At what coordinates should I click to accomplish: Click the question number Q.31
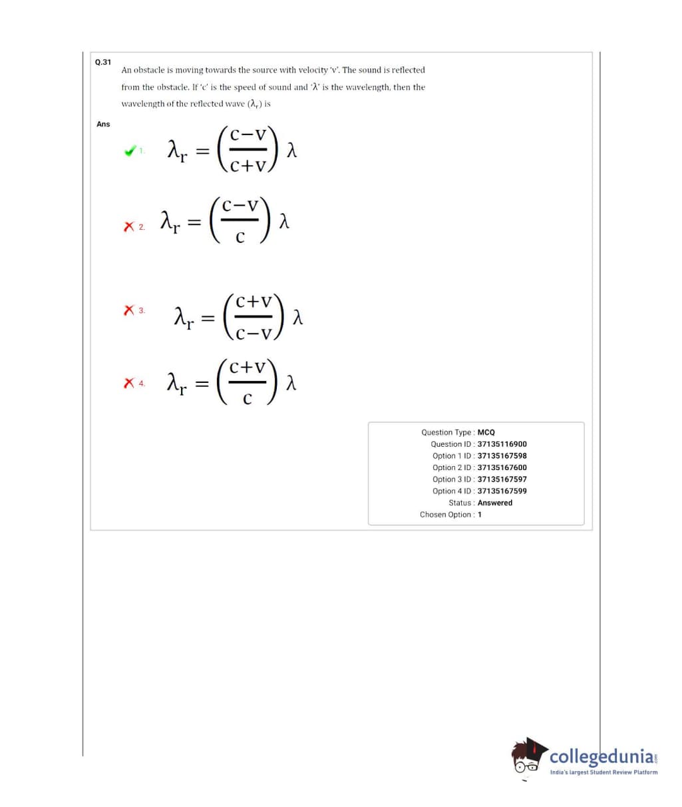102,62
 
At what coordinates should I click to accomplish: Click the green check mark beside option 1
130,151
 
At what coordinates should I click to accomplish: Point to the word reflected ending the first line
408,70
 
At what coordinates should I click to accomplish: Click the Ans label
103,125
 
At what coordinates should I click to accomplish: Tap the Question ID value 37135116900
502,444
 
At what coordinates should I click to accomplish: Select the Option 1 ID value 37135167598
502,456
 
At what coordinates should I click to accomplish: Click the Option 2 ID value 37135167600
502,467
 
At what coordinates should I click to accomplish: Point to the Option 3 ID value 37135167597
502,479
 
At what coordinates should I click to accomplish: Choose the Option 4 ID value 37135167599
502,491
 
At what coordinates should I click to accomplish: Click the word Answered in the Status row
495,503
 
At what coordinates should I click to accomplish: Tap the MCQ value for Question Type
486,432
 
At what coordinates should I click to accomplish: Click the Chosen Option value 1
480,515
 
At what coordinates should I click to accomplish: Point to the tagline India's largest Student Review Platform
603,772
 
